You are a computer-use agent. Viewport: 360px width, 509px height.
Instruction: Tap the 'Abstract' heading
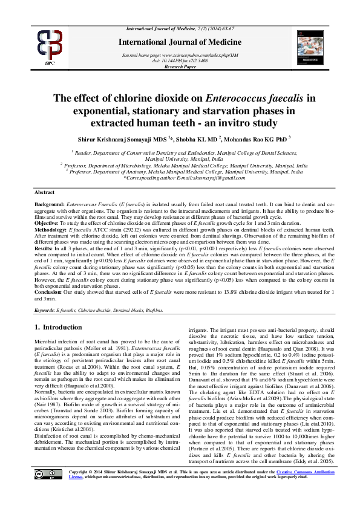coord(45,192)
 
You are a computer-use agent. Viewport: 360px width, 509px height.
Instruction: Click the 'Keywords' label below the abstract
coord(44,310)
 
